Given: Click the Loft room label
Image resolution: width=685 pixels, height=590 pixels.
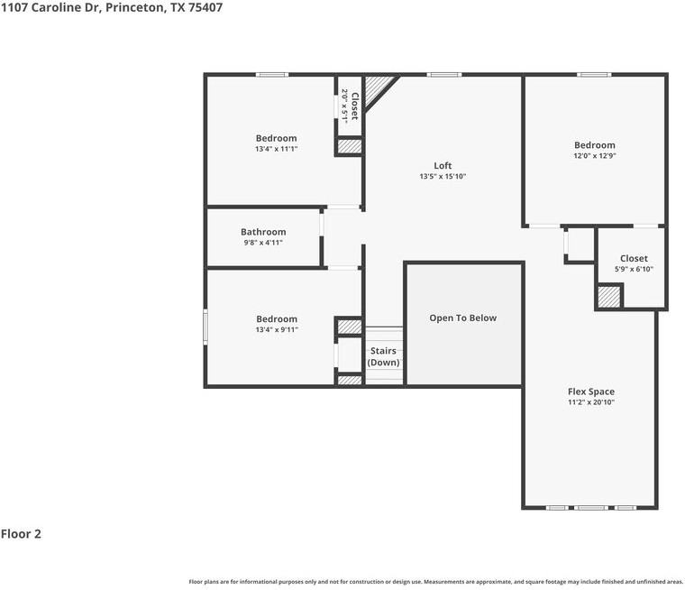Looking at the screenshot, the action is tap(443, 166).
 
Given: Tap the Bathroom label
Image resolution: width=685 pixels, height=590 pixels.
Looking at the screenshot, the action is tap(263, 232).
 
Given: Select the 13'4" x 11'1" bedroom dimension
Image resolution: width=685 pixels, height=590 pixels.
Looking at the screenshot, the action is tap(276, 149).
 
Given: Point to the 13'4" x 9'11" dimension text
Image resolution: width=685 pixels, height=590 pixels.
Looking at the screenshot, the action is tap(277, 330).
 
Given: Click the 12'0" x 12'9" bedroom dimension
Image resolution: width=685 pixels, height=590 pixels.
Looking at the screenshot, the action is tap(595, 156).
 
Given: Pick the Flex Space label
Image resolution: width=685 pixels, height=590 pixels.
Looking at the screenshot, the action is tap(591, 392).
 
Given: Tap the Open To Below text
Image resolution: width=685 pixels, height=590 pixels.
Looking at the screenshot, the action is tap(463, 318).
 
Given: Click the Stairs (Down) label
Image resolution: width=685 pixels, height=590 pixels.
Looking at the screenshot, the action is tap(383, 356).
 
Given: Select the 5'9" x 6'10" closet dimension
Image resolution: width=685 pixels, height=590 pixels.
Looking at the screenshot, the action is tap(634, 269).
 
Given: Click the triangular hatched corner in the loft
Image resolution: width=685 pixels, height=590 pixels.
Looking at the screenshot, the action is tap(377, 88).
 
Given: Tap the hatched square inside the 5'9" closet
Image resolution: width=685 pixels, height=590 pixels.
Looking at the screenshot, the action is tap(609, 297).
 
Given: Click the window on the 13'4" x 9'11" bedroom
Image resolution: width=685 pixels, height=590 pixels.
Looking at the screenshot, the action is tap(205, 327).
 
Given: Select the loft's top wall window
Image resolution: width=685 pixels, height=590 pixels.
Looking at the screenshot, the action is tap(443, 75).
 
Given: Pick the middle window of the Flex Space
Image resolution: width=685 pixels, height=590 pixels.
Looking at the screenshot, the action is tap(590, 508).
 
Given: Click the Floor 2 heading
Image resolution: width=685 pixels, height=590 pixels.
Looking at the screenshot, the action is tap(21, 534).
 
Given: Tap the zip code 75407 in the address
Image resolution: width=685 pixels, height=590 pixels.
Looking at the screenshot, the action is tap(205, 7).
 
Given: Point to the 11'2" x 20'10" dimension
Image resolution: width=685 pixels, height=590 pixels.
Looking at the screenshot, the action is tap(591, 402).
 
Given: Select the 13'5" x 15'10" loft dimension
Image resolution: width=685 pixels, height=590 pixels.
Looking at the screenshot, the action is tap(443, 176).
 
